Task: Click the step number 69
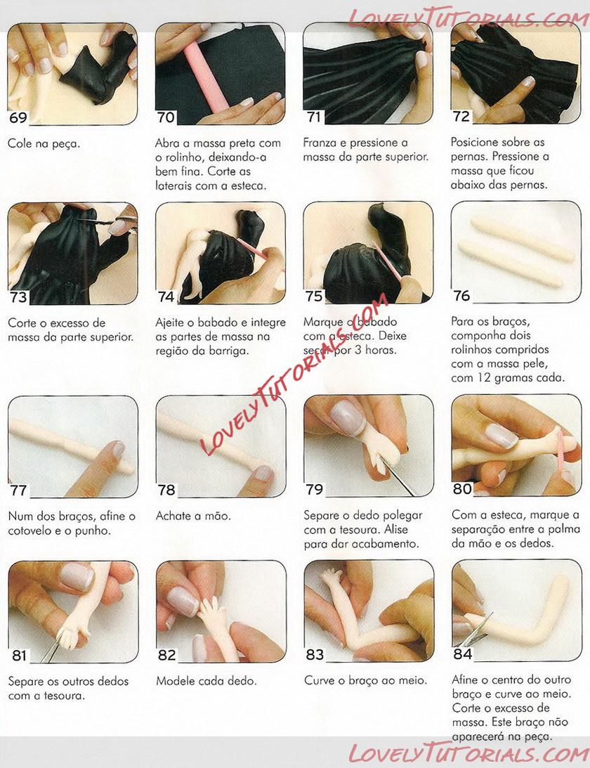coord(18,117)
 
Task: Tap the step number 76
coord(461,296)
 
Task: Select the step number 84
coord(462,654)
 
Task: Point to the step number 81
coord(19,656)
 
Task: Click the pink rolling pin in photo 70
coord(206,76)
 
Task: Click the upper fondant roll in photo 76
coord(522,239)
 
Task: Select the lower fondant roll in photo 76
coord(510,263)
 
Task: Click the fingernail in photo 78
coord(263,473)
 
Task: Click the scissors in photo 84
coord(475,631)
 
